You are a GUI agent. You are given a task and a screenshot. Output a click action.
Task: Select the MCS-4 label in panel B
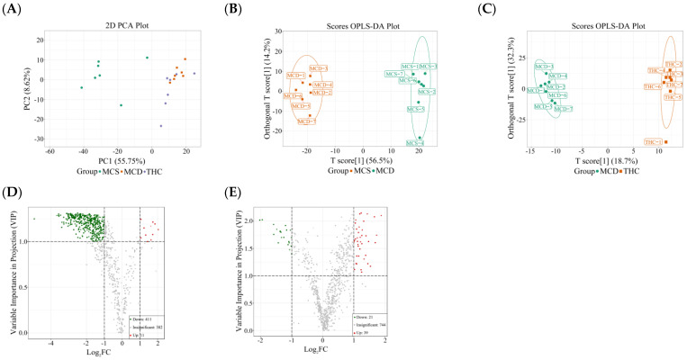(x=415, y=143)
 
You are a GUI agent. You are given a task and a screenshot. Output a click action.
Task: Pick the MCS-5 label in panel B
(x=416, y=109)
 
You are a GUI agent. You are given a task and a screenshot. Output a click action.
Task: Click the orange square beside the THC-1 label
(x=666, y=141)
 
